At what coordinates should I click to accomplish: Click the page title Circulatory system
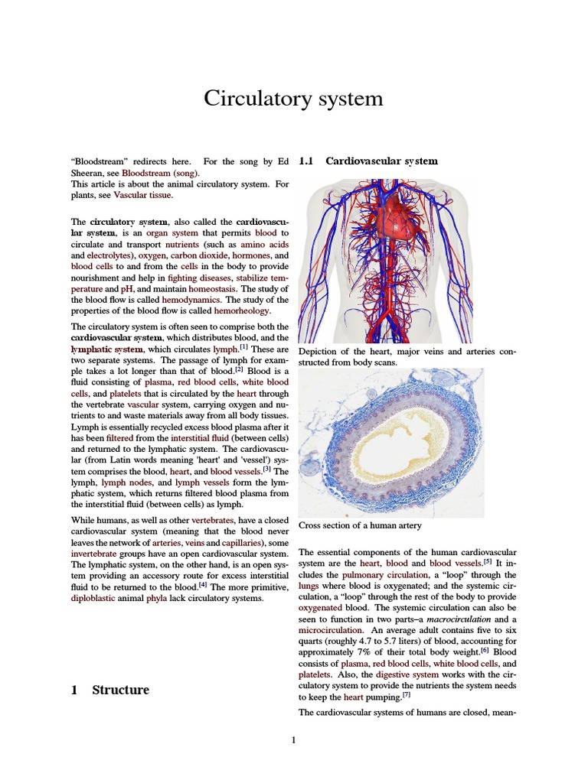[x=293, y=99]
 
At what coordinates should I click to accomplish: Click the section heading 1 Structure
[x=109, y=690]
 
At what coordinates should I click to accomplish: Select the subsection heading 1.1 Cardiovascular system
[x=368, y=161]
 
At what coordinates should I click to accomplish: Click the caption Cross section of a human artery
[x=360, y=525]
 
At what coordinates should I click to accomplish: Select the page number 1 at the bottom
[x=293, y=740]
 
